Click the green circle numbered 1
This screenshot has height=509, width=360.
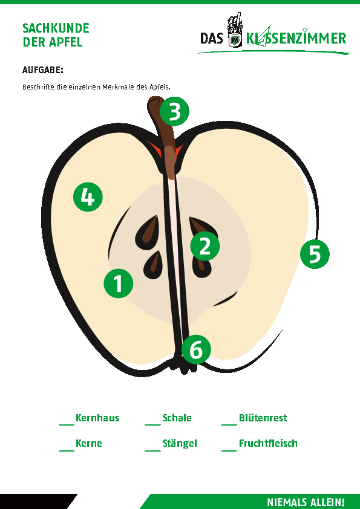pyautogui.click(x=118, y=284)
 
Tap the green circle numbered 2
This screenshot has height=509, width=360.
pyautogui.click(x=205, y=246)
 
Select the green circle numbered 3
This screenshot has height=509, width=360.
pyautogui.click(x=174, y=111)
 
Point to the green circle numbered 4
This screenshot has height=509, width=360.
pyautogui.click(x=88, y=197)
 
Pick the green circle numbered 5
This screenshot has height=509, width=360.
pyautogui.click(x=315, y=254)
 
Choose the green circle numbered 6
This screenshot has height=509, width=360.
pyautogui.click(x=196, y=349)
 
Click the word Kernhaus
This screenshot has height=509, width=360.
pyautogui.click(x=97, y=418)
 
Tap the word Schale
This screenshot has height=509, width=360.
pyautogui.click(x=177, y=418)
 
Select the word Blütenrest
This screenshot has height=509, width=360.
pyautogui.click(x=263, y=418)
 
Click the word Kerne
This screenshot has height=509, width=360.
pyautogui.click(x=89, y=444)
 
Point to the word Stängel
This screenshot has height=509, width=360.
pyautogui.click(x=180, y=444)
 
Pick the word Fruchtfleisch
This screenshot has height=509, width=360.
pyautogui.click(x=268, y=444)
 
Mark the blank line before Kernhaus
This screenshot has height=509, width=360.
pyautogui.click(x=67, y=424)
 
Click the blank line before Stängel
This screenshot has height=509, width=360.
pyautogui.click(x=152, y=450)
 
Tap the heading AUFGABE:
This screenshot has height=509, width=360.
pyautogui.click(x=42, y=70)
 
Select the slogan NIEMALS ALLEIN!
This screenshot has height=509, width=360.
pyautogui.click(x=306, y=502)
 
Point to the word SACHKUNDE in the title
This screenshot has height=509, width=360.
pyautogui.click(x=56, y=28)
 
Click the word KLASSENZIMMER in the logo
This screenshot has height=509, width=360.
pyautogui.click(x=296, y=38)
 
